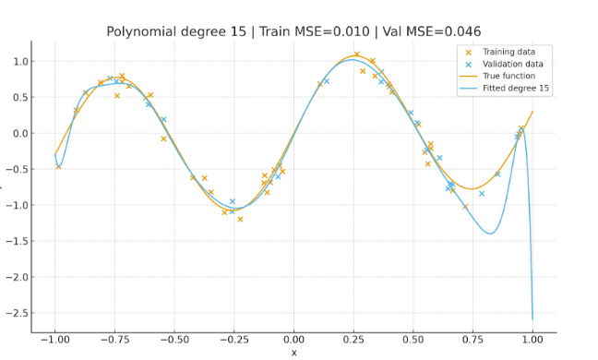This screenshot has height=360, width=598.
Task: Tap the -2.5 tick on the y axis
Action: point(18,312)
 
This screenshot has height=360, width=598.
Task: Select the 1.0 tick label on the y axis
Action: point(19,61)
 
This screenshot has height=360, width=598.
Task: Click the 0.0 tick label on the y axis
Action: point(19,133)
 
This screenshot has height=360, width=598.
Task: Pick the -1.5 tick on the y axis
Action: point(18,240)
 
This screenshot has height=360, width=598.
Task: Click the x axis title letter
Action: point(294,353)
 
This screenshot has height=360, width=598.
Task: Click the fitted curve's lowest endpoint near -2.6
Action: point(532,319)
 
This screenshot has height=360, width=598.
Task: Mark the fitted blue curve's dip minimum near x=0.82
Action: point(489,234)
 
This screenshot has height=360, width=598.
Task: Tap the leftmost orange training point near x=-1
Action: point(58,166)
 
